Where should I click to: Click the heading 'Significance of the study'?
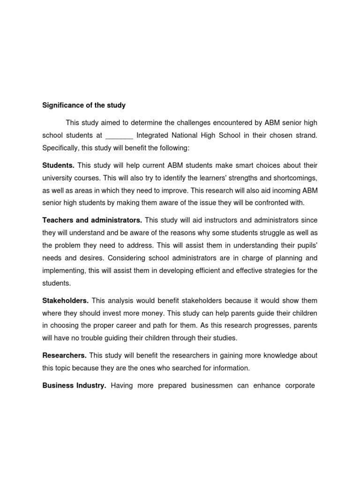(84, 105)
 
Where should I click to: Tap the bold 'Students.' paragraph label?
(59, 165)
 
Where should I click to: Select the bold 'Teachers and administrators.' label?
(92, 220)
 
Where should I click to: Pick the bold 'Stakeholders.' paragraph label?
(65, 300)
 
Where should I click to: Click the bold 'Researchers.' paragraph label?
(64, 356)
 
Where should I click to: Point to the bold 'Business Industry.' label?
(74, 386)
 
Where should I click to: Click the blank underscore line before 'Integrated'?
(120, 136)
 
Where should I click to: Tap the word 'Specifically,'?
(61, 148)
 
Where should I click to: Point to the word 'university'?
(57, 178)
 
